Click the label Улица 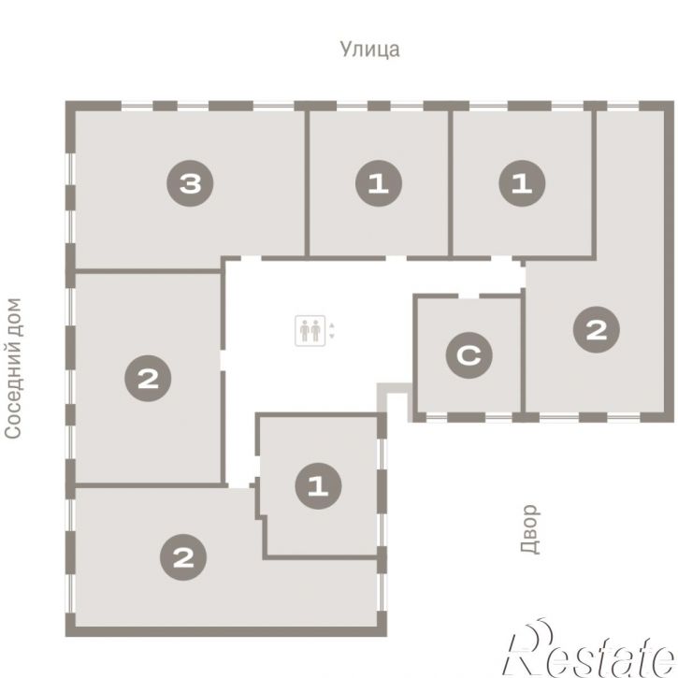[369, 49]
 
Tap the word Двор [530, 529]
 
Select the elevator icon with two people [310, 331]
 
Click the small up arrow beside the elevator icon [332, 325]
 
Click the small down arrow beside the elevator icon [332, 336]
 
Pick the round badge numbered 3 [190, 183]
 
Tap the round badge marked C [469, 355]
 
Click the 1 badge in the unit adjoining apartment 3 [379, 183]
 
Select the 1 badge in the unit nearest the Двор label [318, 485]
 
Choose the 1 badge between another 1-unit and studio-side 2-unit [522, 183]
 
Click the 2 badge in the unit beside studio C [597, 329]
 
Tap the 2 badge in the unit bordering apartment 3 [148, 379]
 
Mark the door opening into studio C [469, 296]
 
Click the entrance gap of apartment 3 [252, 258]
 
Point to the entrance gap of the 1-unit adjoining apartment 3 [397, 258]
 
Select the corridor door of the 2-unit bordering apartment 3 [223, 360]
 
